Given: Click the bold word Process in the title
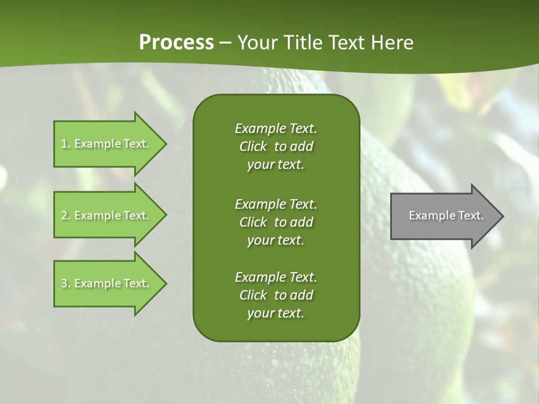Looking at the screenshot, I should [x=176, y=43].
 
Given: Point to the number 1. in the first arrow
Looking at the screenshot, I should [x=66, y=144].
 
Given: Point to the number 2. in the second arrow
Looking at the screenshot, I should [x=66, y=215].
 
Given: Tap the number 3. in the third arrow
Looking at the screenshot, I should [x=66, y=283].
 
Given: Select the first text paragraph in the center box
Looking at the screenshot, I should [x=276, y=146].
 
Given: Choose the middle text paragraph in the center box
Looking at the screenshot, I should [x=276, y=222].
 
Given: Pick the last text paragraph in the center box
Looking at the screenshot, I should [x=276, y=295].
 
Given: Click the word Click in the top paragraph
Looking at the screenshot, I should [x=253, y=146].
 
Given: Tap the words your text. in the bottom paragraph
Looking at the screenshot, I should [x=276, y=313].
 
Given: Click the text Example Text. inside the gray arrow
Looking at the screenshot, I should [x=446, y=215].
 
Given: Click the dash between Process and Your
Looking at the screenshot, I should [x=225, y=43].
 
